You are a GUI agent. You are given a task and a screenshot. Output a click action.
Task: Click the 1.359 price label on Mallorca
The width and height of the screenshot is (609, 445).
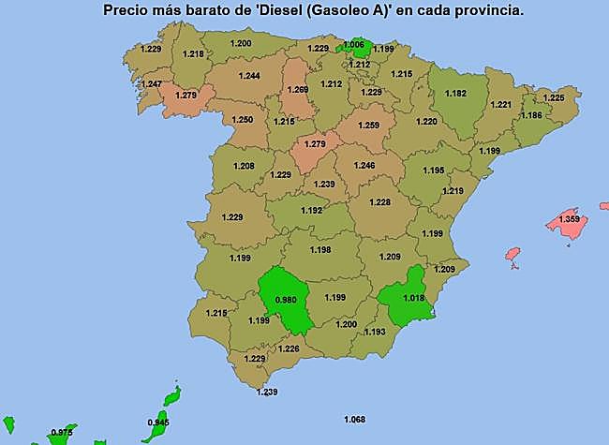[569, 219]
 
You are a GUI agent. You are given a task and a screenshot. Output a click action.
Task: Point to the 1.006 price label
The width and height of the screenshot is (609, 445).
[354, 45]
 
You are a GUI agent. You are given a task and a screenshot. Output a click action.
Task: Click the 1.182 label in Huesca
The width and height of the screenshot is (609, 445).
[455, 93]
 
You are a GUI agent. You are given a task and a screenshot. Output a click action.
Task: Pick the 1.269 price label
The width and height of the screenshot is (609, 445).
[298, 90]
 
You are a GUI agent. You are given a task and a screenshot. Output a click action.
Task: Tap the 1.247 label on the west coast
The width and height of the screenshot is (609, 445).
[150, 84]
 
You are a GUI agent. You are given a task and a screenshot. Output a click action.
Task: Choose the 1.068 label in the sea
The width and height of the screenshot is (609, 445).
[355, 418]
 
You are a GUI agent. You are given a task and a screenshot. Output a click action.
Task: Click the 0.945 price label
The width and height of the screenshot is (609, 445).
[158, 423]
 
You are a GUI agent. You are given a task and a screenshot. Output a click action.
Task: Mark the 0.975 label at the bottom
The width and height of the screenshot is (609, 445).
[62, 432]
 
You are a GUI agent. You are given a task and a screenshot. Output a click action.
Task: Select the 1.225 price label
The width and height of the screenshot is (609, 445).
[555, 97]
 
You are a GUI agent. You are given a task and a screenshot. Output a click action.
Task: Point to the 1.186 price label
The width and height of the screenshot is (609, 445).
[531, 115]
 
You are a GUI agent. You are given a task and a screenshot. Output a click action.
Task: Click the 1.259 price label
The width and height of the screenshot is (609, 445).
[368, 125]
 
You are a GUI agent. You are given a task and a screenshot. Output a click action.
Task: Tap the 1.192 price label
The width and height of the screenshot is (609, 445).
[312, 211]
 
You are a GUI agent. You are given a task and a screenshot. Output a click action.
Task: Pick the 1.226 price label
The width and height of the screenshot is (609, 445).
[289, 349]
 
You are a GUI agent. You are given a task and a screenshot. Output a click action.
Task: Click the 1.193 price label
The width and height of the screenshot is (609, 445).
[375, 332]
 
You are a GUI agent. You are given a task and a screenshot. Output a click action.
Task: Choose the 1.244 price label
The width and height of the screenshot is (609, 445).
[249, 75]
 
